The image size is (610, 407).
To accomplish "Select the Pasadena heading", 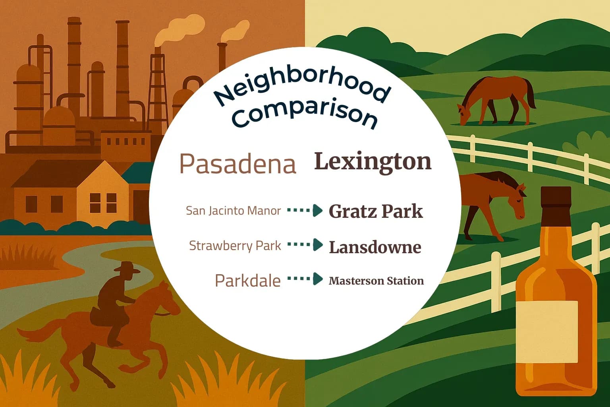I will [238, 163].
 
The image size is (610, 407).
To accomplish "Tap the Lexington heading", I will [373, 162].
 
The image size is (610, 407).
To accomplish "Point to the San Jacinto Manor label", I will [233, 210].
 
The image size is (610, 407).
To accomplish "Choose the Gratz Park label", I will [375, 211].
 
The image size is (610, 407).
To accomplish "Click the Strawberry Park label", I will [235, 246].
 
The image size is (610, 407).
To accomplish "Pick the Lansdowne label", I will [375, 247].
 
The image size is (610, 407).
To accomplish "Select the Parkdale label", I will [247, 281].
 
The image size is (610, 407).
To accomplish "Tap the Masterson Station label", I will [376, 281].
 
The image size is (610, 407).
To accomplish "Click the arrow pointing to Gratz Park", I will [305, 210].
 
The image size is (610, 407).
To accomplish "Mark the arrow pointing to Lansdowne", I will [305, 245].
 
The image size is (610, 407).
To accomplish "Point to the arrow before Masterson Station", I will [305, 279].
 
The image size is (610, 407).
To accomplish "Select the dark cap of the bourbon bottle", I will [556, 196].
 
